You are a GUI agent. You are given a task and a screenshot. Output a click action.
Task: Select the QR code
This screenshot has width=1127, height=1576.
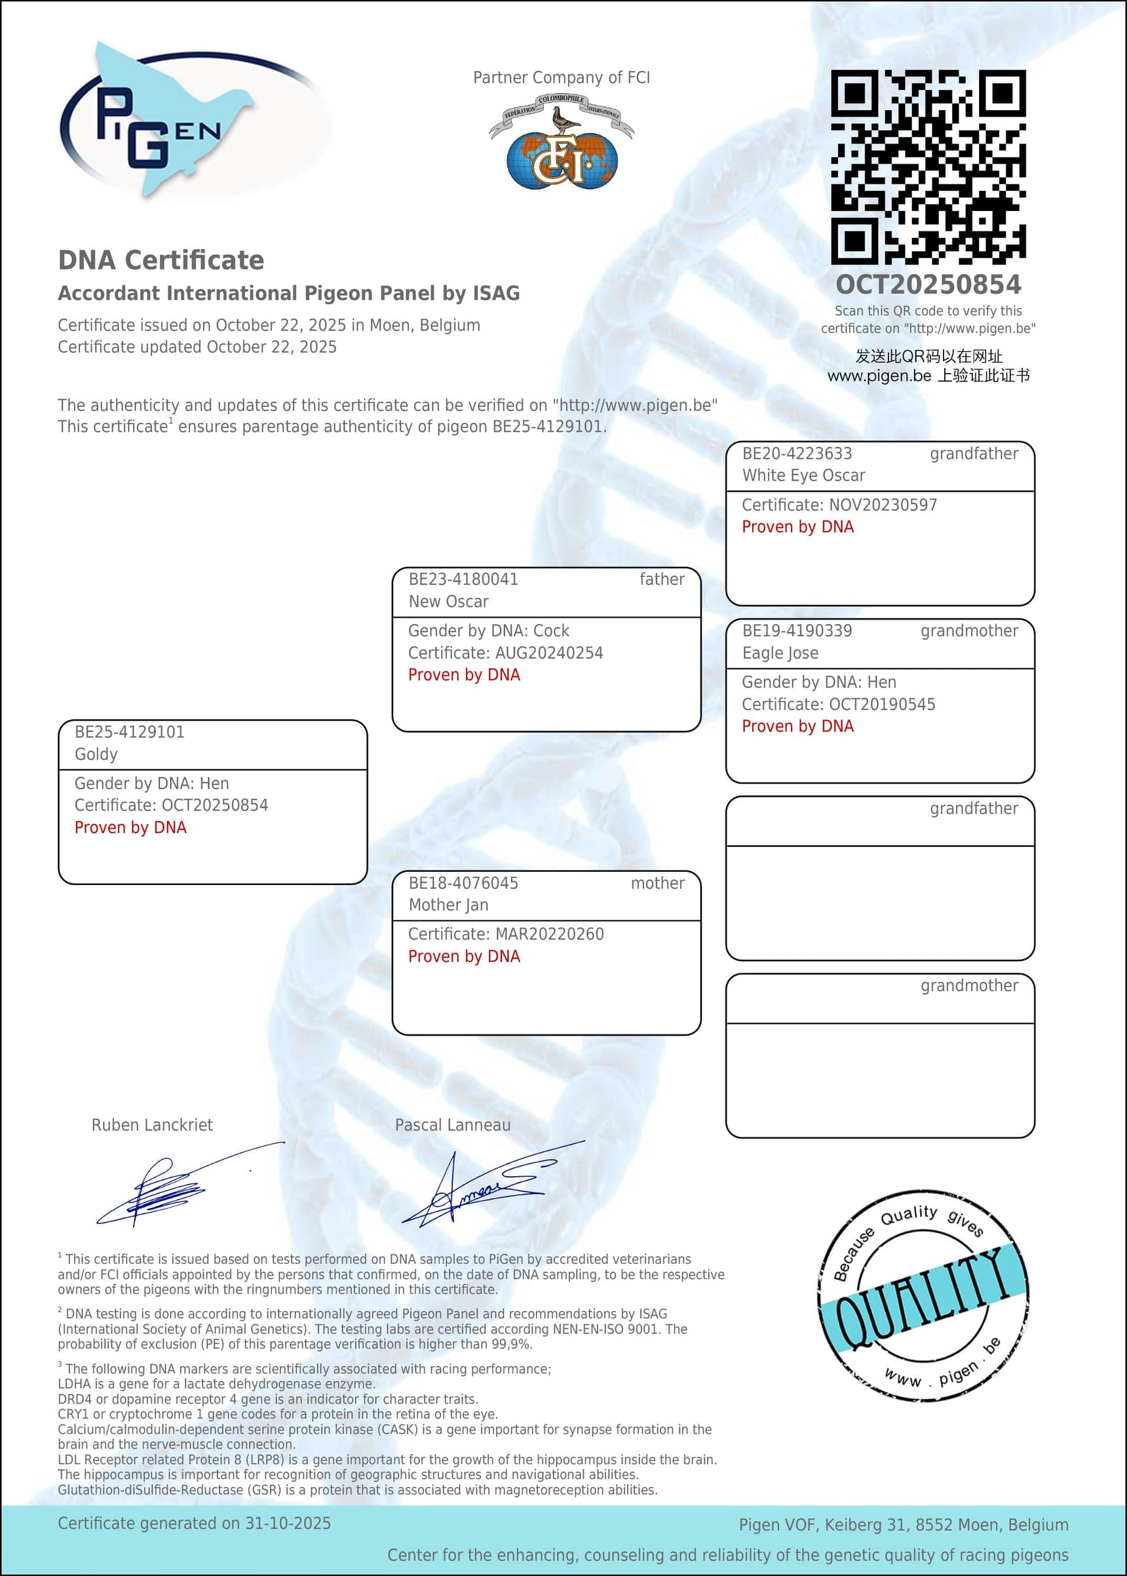point(928,167)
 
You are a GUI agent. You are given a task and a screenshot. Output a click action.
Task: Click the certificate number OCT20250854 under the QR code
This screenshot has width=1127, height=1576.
point(928,284)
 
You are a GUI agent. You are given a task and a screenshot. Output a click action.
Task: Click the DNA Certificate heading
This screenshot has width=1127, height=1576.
point(161,260)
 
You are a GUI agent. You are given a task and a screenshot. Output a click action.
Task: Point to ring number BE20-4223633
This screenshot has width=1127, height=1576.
point(797,454)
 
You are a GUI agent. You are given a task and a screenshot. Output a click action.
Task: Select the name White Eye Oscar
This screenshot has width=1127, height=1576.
point(803,475)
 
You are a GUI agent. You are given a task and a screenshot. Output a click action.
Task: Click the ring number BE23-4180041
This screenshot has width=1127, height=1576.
point(463,579)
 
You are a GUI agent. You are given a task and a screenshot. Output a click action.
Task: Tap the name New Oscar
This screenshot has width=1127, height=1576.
point(448,601)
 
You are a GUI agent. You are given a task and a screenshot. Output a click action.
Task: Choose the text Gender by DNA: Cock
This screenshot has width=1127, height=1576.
point(489,631)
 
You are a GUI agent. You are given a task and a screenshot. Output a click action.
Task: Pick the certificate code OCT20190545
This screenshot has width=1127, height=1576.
point(882,704)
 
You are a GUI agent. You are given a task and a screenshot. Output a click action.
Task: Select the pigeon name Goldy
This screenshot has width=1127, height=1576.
point(96,754)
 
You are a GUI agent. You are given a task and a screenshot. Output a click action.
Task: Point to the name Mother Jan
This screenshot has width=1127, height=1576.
point(448,905)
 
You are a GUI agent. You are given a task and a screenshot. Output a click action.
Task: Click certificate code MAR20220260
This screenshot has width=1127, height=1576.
point(550,934)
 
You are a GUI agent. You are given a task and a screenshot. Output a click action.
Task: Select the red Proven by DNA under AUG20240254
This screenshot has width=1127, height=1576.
point(463,675)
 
